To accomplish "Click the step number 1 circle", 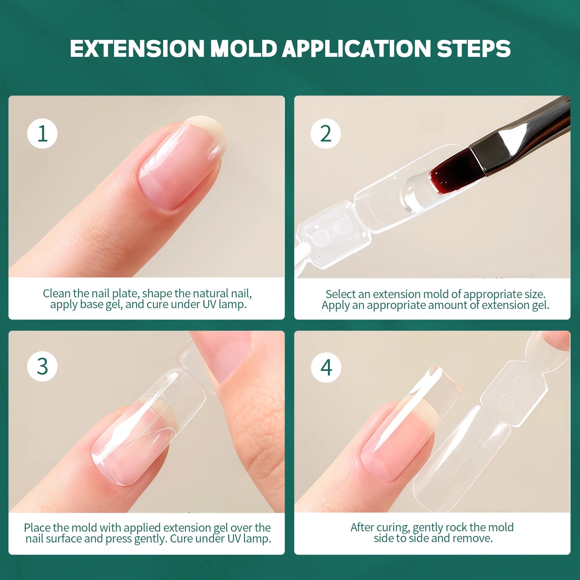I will pyautogui.click(x=42, y=134).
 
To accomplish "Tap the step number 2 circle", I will pyautogui.click(x=326, y=134).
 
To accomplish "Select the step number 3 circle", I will pyautogui.click(x=42, y=366).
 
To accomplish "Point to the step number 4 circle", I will pyautogui.click(x=326, y=367).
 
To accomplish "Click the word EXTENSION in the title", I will pyautogui.click(x=137, y=49).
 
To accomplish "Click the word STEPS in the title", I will pyautogui.click(x=473, y=49).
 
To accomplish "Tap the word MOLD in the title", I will pyautogui.click(x=243, y=49).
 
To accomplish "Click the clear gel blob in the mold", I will pyautogui.click(x=414, y=193).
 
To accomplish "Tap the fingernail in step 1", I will pyautogui.click(x=180, y=166).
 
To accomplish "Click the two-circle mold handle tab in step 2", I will pyautogui.click(x=333, y=232).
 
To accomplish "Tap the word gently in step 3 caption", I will pyautogui.click(x=150, y=539).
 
